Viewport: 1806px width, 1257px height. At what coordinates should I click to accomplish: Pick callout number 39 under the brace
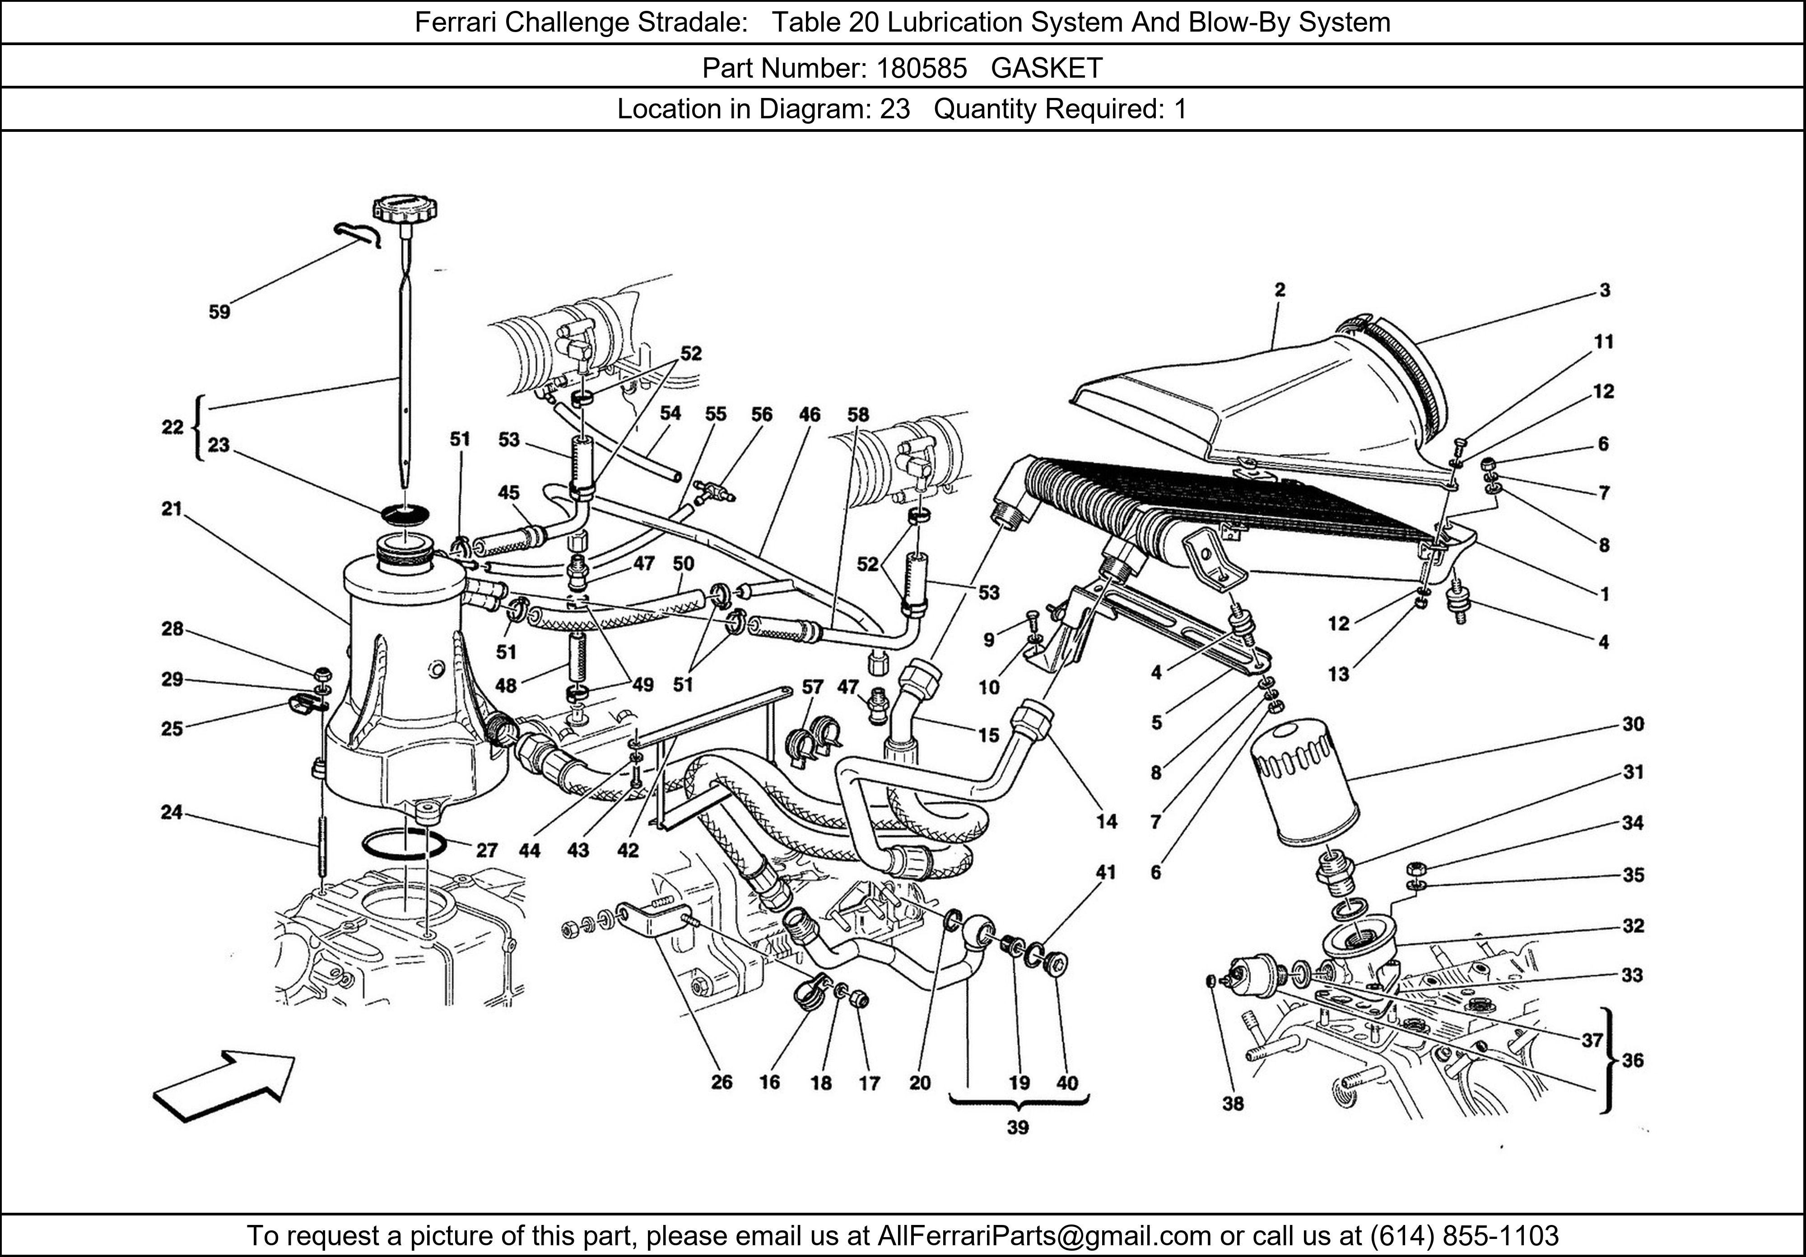[x=1017, y=1127]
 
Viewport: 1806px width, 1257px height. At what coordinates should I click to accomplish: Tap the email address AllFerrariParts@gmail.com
[x=1044, y=1236]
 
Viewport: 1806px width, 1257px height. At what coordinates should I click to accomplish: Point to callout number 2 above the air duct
[x=1280, y=290]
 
